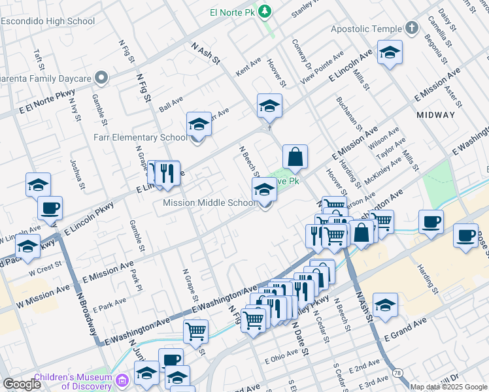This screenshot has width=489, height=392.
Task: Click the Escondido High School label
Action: coord(48,22)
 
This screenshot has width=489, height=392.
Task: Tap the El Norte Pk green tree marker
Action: coord(264,10)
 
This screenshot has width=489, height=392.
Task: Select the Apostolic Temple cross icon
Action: coord(411,28)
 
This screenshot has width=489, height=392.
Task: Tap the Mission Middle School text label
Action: coord(209,203)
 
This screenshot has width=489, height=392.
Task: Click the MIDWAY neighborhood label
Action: coord(435,115)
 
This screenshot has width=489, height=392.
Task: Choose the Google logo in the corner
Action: coord(22,384)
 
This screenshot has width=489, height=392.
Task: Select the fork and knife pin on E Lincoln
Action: coord(168,173)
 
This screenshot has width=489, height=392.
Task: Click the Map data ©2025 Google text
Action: coord(449,387)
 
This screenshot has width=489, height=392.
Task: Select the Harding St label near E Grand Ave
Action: coord(429,278)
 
